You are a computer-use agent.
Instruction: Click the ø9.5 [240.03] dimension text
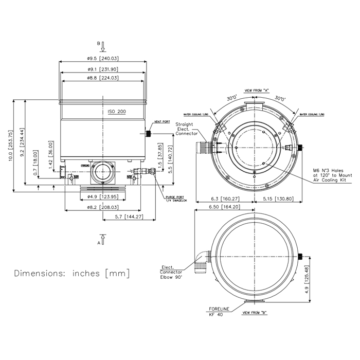tap(103, 58)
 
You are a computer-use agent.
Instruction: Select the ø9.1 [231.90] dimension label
tap(103, 69)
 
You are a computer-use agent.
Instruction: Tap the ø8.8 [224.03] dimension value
tap(103, 78)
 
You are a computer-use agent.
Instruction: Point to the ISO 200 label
tap(117, 112)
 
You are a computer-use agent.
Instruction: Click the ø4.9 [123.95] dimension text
tap(103, 197)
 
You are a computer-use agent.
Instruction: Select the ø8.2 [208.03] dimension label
tap(103, 207)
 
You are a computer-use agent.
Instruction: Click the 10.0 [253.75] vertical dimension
tap(11, 147)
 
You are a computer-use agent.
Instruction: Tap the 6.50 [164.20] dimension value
tap(225, 207)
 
